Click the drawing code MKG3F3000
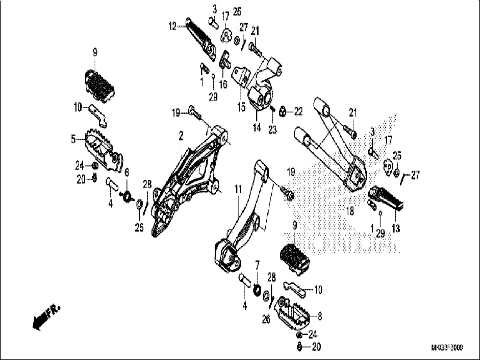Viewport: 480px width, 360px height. pos(447,348)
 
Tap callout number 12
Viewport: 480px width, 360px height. pos(172,27)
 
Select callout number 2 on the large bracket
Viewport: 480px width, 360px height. pos(181,137)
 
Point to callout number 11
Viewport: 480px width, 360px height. pos(238,190)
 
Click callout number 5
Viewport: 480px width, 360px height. pos(74,139)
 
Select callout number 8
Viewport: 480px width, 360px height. pos(319,317)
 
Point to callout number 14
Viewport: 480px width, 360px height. pos(257,128)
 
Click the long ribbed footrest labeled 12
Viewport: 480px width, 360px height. pos(201,39)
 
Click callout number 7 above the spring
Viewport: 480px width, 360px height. pos(257,265)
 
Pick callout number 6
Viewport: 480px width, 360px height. pos(127,173)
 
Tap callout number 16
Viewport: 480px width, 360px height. pos(223,84)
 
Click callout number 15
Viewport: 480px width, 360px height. pos(241,107)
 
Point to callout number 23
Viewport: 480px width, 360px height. pos(272,130)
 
